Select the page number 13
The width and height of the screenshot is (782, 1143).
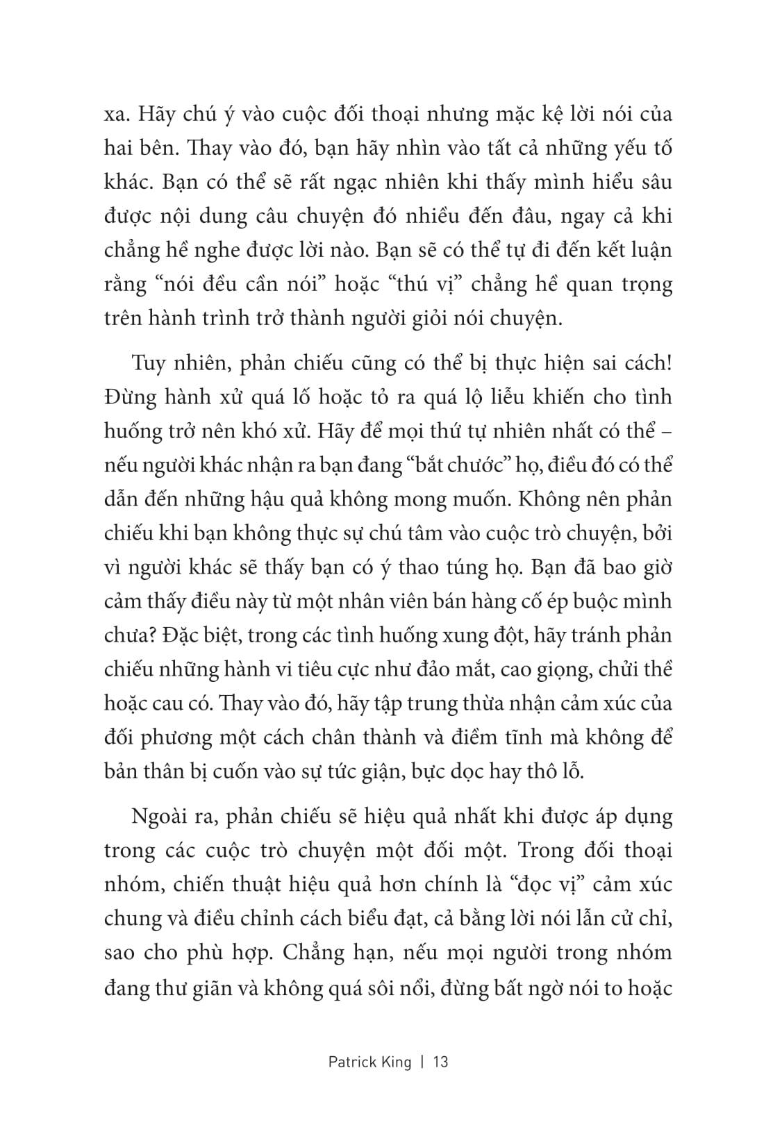point(440,1062)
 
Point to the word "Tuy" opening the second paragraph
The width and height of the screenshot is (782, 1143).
point(146,364)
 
